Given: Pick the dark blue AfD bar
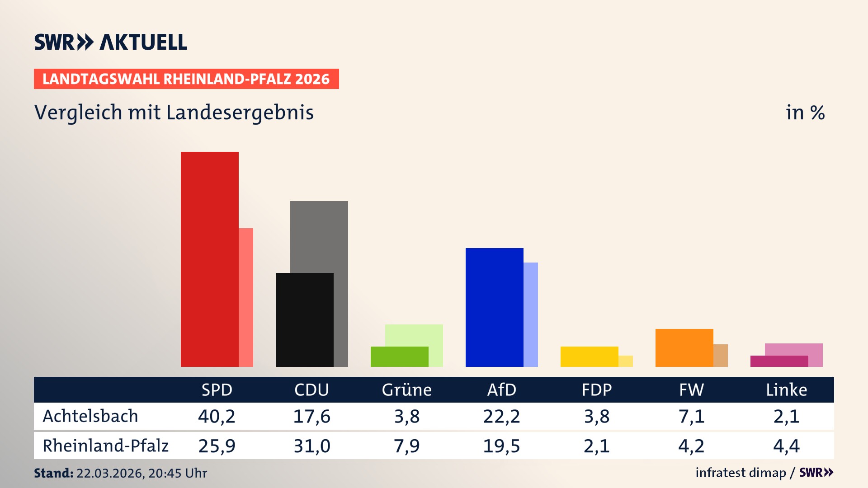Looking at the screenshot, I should (x=495, y=307).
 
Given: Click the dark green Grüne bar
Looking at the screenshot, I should (x=400, y=357).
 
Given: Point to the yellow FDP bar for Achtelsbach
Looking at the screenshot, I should (x=590, y=357).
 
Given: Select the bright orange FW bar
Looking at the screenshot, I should (x=684, y=347).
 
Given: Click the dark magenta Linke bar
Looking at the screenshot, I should (x=779, y=361).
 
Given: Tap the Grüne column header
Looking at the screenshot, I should (x=406, y=389).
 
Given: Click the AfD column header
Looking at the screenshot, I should (x=501, y=389).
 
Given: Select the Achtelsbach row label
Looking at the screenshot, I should (x=90, y=416).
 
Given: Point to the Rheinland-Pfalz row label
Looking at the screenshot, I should (x=105, y=446).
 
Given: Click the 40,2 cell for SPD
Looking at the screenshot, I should (x=217, y=416).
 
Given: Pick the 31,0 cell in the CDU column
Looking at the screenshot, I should (x=311, y=446).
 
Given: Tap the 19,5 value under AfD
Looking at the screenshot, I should (x=501, y=446).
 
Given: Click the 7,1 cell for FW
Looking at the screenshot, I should (x=691, y=416).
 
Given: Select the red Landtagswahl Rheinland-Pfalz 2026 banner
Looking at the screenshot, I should (x=186, y=79).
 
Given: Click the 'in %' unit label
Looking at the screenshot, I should (x=805, y=113).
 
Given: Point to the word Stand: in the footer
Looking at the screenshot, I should (x=53, y=473).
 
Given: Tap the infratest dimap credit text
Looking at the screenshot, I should (x=741, y=473).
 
